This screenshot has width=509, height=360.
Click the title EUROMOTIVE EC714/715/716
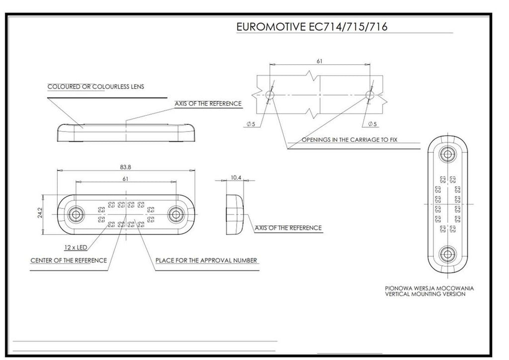click(x=312, y=26)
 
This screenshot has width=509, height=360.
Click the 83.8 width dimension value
click(x=125, y=167)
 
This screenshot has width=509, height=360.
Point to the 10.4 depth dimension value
click(x=236, y=177)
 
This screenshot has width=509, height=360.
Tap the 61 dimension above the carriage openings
click(x=320, y=61)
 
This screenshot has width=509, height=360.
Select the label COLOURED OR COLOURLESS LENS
click(x=95, y=87)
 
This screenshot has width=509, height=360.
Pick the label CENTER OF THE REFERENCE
click(x=69, y=260)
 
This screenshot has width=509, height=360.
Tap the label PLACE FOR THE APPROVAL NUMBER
click(x=206, y=260)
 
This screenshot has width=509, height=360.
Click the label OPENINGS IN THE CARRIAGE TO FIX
click(x=349, y=140)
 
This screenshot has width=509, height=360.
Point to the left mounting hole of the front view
click(x=76, y=214)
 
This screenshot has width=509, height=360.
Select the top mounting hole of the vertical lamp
click(x=447, y=154)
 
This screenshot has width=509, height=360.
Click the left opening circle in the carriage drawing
click(x=270, y=95)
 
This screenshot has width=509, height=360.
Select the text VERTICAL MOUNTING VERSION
click(x=425, y=294)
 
